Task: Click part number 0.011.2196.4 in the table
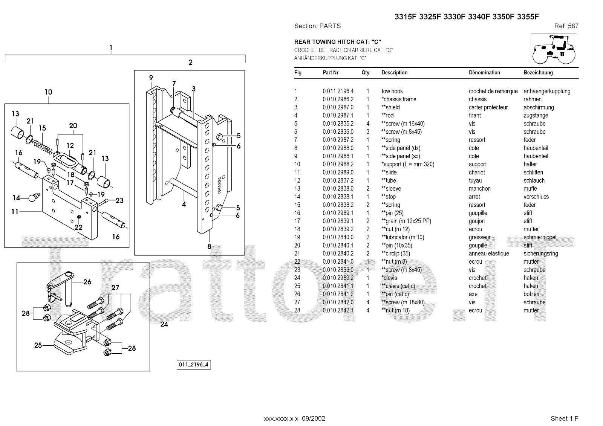338,91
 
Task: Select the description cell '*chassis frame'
399,99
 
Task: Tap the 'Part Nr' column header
331,73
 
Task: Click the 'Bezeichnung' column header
538,73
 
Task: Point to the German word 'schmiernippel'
540,237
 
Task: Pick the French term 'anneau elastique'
489,253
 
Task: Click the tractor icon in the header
554,49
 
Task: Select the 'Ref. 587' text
566,26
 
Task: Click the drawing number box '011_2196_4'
194,365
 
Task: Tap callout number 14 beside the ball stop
17,198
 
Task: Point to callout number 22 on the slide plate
78,227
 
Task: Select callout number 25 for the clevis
38,345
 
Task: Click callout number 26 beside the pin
87,282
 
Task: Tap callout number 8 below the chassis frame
209,247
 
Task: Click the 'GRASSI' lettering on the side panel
219,185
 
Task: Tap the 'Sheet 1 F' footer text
564,418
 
